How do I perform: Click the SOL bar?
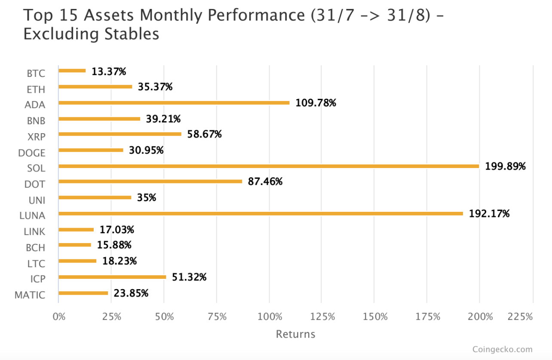269,166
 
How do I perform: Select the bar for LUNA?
261,214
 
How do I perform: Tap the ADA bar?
174,103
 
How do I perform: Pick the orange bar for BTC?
72,70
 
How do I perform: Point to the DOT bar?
150,181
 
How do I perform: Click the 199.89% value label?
505,166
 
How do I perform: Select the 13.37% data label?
109,71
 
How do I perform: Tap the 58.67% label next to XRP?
204,134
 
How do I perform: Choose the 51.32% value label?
189,277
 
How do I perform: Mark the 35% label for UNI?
147,198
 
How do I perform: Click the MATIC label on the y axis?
30,295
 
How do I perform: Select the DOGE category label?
32,153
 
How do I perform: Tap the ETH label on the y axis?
36,89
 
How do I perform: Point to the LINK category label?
34,232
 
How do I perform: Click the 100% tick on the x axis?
270,317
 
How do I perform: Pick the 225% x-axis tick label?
520,317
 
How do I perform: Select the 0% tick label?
59,317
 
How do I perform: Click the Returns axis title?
295,334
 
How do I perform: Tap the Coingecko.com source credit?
502,349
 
